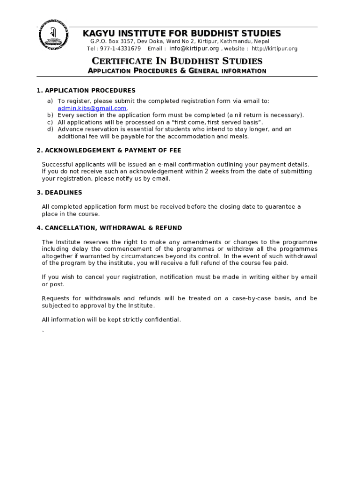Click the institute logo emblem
coord(54,36)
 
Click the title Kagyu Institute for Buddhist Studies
coord(182,33)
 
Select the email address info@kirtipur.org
coord(194,49)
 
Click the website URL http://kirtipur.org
coord(274,49)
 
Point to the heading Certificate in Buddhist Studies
coord(177,61)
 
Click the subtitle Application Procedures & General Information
coord(177,71)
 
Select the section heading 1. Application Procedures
coord(86,90)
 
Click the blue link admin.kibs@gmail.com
coord(92,108)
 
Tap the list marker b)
coord(49,115)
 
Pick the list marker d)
coord(49,129)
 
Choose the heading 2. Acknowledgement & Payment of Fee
coord(109,150)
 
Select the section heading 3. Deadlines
coord(59,192)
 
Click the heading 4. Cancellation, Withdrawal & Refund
coord(109,228)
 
